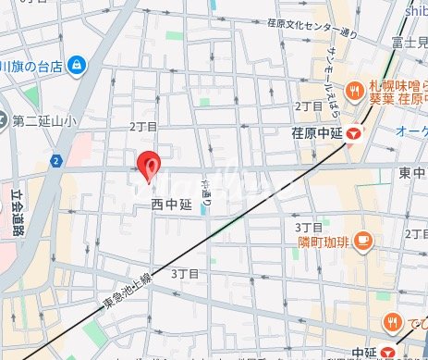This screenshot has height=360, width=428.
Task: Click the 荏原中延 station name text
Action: coord(317,132)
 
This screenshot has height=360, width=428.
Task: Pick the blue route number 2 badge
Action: coord(57,161)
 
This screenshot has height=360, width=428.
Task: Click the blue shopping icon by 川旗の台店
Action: coord(77,65)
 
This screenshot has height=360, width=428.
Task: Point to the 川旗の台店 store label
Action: coord(32,66)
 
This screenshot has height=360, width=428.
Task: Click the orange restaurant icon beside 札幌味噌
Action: coord(355,91)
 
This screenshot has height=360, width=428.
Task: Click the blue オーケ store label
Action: coord(410,132)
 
